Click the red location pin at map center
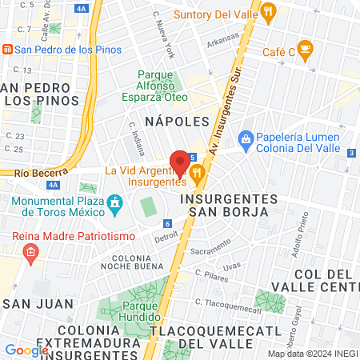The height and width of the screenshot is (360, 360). tap(180, 162)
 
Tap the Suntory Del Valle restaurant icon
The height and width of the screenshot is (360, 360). tap(268, 12)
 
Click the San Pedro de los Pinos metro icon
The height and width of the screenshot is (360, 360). tap(7, 50)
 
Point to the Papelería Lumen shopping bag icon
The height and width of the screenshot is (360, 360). tap(246, 138)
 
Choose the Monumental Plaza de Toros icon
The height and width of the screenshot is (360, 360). tap(114, 202)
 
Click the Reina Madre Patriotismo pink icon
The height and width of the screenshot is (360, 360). tap(30, 254)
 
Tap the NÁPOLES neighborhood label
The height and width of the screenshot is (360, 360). tap(177, 121)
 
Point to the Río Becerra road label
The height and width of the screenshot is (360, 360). tap(32, 172)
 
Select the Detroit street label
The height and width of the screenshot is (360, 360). tap(166, 236)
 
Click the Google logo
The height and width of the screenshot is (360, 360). tap(26, 350)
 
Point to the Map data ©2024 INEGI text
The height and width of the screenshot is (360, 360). tap(311, 354)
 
